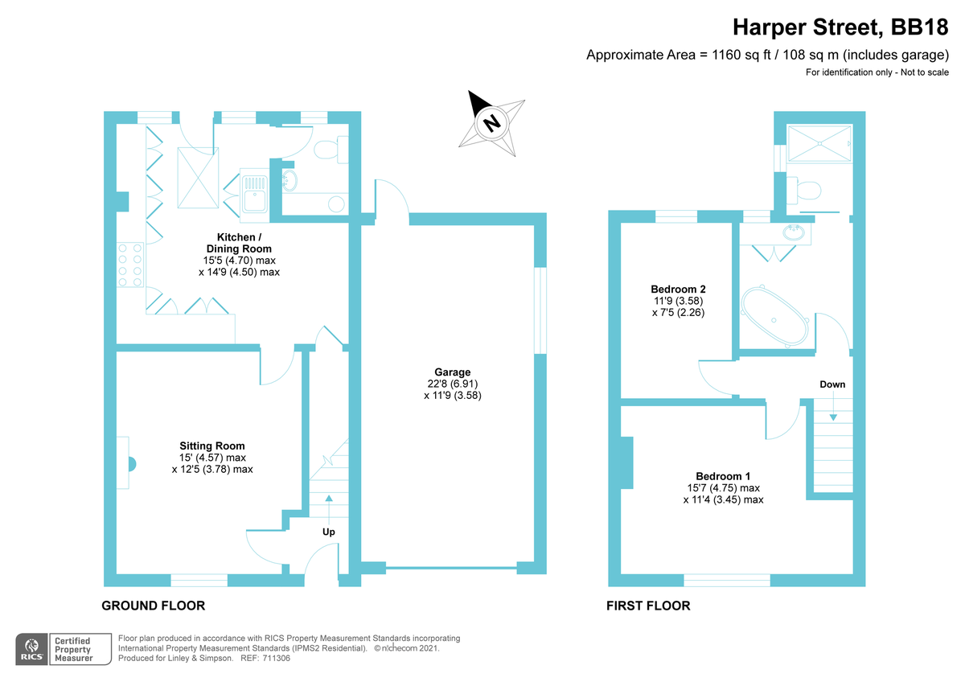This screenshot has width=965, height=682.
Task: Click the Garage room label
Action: click(453, 372)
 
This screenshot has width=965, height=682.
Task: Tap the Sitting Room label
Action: click(212, 446)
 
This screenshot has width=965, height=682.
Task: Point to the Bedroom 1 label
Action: click(723, 476)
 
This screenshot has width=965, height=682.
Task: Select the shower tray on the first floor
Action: click(819, 146)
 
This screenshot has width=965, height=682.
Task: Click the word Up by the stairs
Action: click(329, 532)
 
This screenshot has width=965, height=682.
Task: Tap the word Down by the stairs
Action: click(832, 384)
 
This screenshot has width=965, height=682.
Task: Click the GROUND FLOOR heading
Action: click(153, 606)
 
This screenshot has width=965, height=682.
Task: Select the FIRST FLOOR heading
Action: click(648, 606)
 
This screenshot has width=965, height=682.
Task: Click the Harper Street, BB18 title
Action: click(841, 28)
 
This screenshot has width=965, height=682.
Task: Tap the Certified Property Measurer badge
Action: click(72, 649)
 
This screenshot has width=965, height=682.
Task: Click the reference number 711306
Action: click(275, 658)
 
